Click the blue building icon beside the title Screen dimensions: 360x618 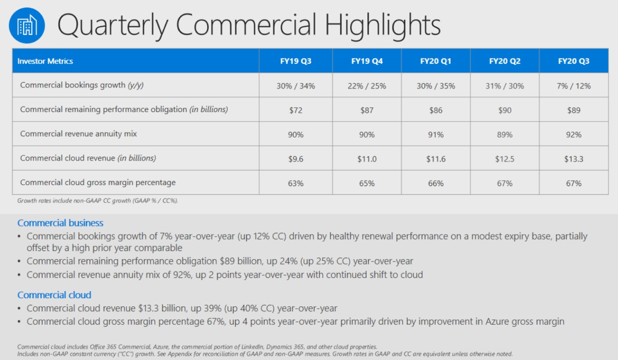point(27,26)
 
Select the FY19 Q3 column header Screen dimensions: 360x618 point(299,61)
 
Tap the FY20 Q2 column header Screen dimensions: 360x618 point(505,61)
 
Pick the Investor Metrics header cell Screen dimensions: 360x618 point(45,61)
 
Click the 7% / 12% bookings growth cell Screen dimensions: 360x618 point(573,85)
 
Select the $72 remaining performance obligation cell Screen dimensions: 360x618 point(299,110)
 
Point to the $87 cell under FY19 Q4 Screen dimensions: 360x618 point(367,110)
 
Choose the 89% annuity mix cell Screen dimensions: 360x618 point(505,134)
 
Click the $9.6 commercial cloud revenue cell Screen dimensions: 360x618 point(299,159)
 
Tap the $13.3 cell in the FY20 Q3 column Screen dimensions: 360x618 point(573,159)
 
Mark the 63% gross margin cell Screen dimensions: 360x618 point(299,183)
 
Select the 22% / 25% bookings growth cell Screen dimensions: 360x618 point(367,85)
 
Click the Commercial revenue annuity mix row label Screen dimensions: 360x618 point(78,134)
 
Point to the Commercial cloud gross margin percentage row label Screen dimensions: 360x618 point(98,182)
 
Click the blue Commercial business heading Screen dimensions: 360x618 point(60,223)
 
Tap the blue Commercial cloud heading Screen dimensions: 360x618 point(54,295)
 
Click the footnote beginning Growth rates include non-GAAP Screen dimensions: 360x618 point(97,200)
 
